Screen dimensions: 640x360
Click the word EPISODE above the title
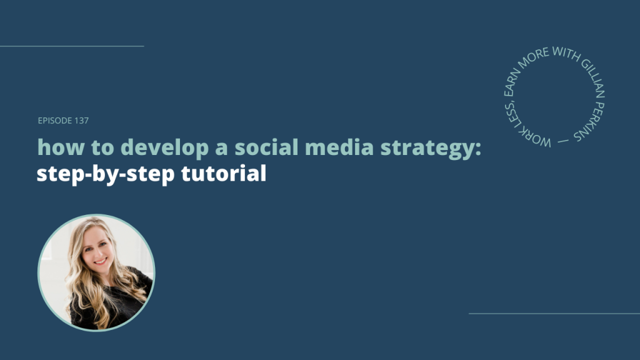[55, 121]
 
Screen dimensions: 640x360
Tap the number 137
[81, 121]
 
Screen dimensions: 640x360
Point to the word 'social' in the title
[266, 147]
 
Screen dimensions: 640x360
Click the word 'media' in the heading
[339, 147]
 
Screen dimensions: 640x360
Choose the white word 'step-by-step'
[106, 174]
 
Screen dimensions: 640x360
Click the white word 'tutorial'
[224, 173]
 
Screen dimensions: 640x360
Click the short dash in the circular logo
[563, 141]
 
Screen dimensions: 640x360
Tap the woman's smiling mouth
[101, 261]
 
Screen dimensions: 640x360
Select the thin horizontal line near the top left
[72, 46]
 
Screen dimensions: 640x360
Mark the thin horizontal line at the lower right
[554, 314]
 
